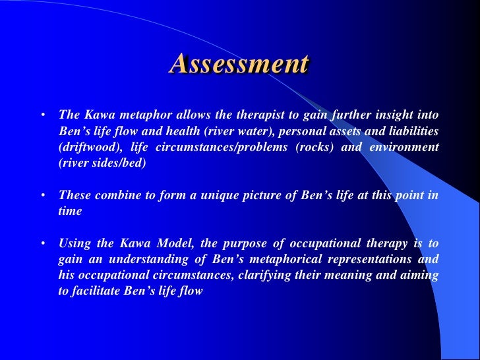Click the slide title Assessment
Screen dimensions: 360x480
tap(239, 64)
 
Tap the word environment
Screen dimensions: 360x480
tap(407, 146)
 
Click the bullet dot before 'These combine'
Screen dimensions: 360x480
tap(42, 195)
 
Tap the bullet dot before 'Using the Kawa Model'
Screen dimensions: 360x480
tap(42, 243)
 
